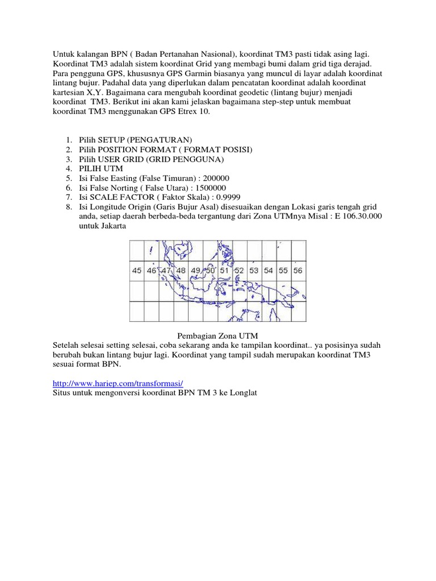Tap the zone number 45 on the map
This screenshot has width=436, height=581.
pos(137,271)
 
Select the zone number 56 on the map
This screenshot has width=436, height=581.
pos(297,271)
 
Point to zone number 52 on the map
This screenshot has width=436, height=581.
pos(239,271)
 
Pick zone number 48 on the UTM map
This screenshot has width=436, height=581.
pos(181,271)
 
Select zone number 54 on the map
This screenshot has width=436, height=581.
pos(269,271)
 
